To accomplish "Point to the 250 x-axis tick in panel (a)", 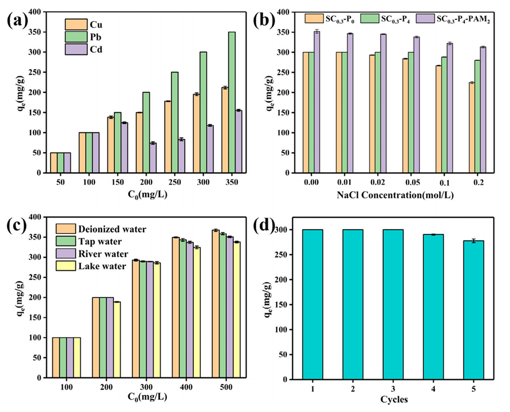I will (174, 182).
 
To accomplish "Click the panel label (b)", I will (279, 22).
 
